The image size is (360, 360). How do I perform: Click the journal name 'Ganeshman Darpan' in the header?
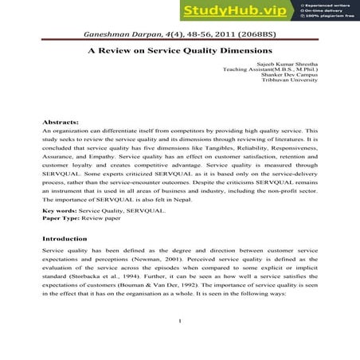pyautogui.click(x=117, y=36)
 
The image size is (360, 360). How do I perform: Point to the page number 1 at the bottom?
pyautogui.click(x=181, y=343)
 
